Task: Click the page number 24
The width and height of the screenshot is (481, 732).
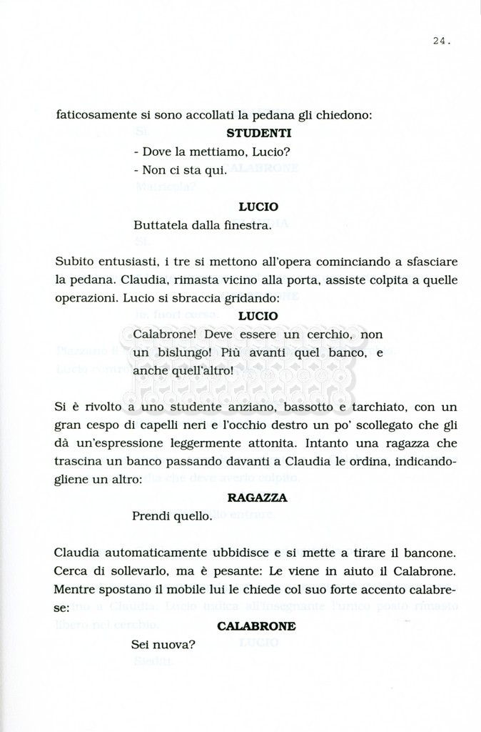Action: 440,41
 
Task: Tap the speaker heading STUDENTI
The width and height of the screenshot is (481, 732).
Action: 258,133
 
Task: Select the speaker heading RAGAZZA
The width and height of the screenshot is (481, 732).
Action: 257,498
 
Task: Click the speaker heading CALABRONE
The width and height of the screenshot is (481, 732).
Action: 256,625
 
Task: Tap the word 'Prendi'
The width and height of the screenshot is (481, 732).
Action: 151,515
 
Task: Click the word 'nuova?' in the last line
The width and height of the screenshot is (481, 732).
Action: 176,644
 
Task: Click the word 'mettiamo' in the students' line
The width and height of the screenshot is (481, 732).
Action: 206,152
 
